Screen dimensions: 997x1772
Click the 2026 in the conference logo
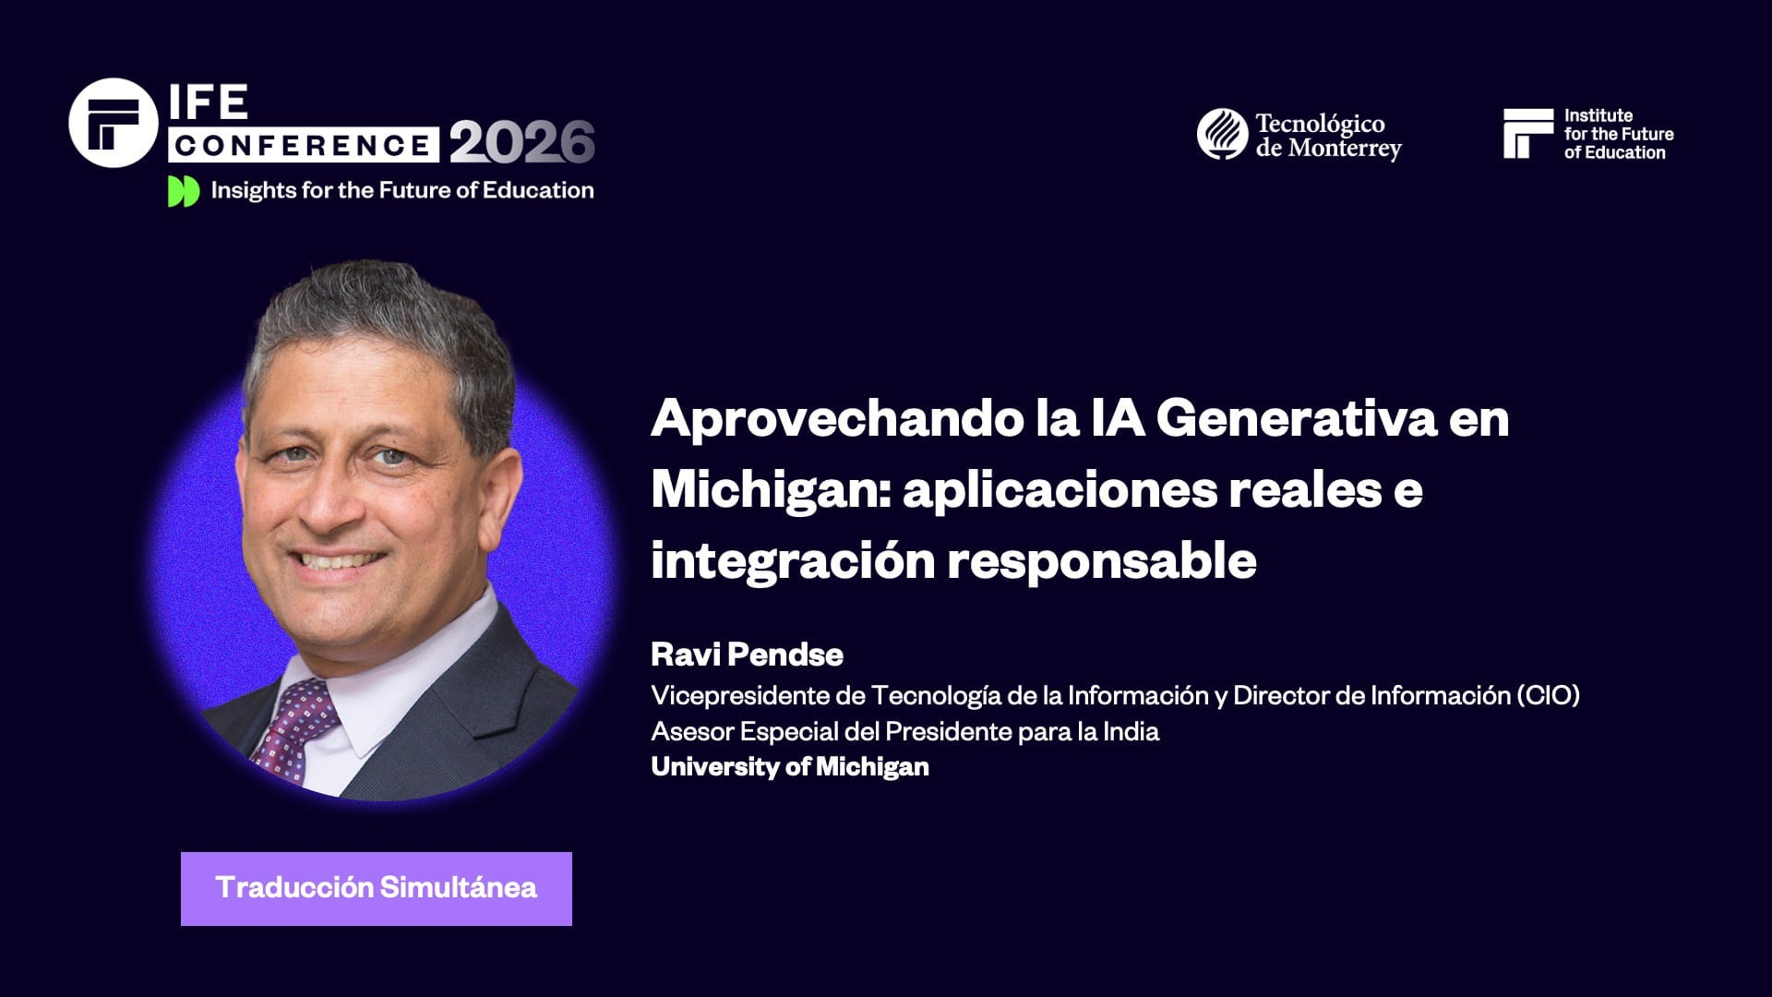tap(521, 142)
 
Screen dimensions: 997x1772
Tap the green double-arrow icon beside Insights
tap(184, 191)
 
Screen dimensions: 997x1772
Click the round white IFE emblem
tap(113, 123)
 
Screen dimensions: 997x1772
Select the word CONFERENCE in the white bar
tap(303, 145)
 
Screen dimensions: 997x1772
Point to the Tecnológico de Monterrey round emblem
tap(1222, 134)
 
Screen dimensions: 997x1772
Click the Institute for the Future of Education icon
tap(1527, 134)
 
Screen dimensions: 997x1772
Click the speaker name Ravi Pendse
tap(747, 655)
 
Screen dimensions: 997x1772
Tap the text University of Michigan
tap(789, 766)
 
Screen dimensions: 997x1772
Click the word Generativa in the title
tap(1296, 418)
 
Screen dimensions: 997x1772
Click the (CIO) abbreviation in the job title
tap(1548, 695)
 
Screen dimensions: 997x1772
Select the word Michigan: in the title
tap(770, 489)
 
